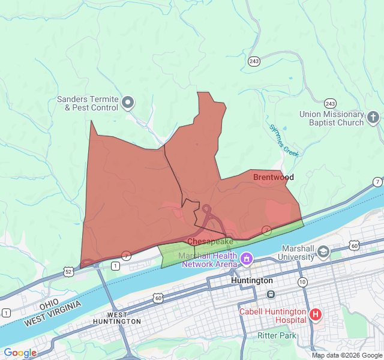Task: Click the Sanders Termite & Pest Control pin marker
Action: (127, 103)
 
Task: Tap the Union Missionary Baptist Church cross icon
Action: (373, 117)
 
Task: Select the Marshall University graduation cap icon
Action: (324, 251)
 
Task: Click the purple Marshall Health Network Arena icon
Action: (246, 259)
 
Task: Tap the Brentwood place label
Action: (273, 177)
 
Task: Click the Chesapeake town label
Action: (210, 241)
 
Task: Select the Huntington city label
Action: (252, 280)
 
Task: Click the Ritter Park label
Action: (277, 335)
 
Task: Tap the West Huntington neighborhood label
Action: (117, 318)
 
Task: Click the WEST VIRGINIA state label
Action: (53, 314)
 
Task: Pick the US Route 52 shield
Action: (70, 272)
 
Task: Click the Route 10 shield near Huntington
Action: (302, 281)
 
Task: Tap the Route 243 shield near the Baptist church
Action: (330, 103)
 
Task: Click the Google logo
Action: (20, 353)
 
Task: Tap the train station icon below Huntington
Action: (271, 294)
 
